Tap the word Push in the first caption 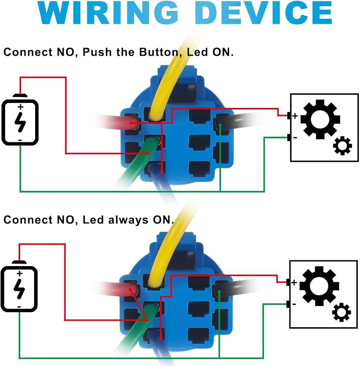point(97,52)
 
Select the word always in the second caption point(128,220)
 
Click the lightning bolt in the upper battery point(20,122)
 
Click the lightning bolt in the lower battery point(19,289)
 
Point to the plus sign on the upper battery point(21,107)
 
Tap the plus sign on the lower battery point(20,273)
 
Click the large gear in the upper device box point(320,119)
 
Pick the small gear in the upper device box point(342,146)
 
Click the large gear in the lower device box point(319,286)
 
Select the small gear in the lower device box point(341,312)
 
